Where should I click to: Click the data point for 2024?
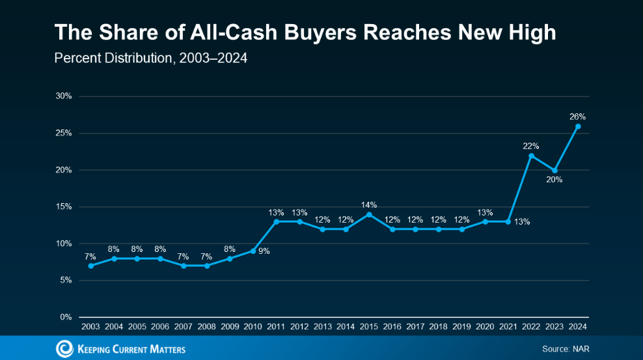point(578,126)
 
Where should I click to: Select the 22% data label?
point(531,146)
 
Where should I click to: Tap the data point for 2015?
point(369,214)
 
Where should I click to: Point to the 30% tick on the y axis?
point(64,96)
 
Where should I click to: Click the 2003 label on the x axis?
point(90,325)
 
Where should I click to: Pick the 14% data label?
point(369,204)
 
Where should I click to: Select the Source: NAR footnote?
point(566,350)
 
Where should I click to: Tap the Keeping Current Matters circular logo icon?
point(65,349)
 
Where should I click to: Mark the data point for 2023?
point(554,170)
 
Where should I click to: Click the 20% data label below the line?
point(554,180)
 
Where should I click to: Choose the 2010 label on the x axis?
point(253,325)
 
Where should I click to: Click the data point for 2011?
point(276,222)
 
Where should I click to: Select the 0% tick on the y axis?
point(66,318)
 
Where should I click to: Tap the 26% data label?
point(578,117)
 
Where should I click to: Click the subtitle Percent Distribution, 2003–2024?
point(150,59)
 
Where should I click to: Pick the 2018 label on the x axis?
point(439,325)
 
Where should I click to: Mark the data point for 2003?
point(90,266)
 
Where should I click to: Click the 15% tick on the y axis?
point(64,207)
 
